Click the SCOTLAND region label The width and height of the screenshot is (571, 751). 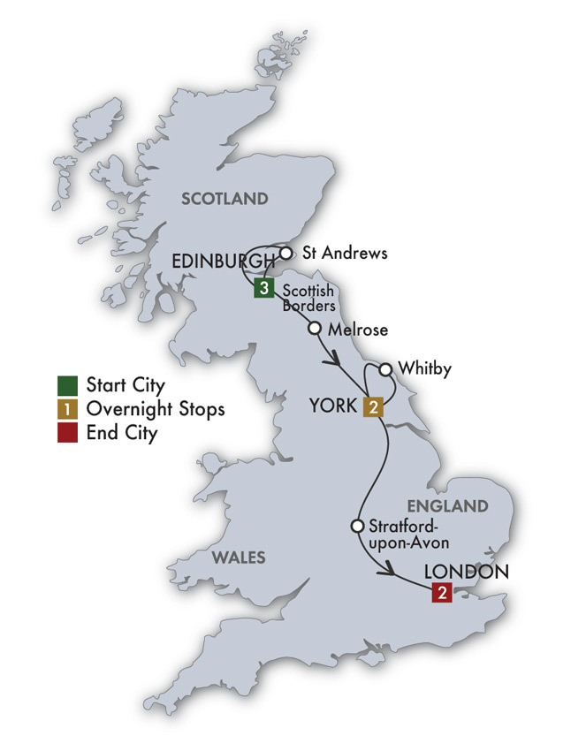(224, 199)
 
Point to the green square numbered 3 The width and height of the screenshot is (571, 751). (263, 287)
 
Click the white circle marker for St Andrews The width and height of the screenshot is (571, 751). (285, 253)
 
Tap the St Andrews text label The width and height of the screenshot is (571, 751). (345, 253)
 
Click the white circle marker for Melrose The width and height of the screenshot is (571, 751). (314, 329)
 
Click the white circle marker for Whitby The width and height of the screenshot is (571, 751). (385, 368)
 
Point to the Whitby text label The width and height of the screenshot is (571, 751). (424, 368)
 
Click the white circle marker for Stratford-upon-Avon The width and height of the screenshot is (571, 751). (357, 526)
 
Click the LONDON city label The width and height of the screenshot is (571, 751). (467, 571)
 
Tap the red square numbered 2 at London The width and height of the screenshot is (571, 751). (441, 593)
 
